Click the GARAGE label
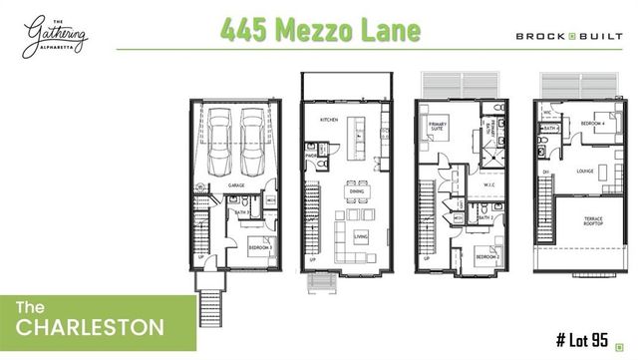coord(236,185)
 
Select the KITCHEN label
coord(330,119)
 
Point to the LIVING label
coord(362,236)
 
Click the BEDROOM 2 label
coord(486,256)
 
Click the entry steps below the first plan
coord(210,297)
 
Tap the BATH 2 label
coord(485,216)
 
